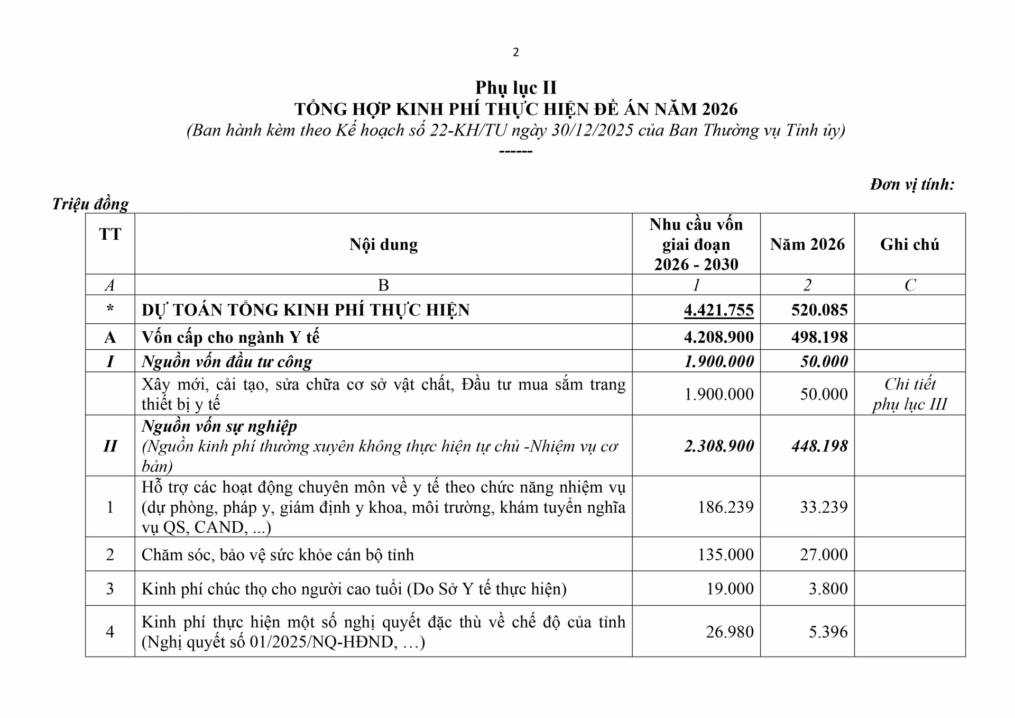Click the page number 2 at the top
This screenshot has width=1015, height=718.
click(x=515, y=52)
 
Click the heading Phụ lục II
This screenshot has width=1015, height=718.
click(x=515, y=87)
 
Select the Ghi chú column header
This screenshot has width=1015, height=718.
click(x=909, y=244)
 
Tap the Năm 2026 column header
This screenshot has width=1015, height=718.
click(x=807, y=244)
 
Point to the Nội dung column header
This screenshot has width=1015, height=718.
click(x=383, y=244)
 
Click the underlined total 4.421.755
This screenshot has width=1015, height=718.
click(x=718, y=310)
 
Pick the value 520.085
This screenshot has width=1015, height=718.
click(x=819, y=310)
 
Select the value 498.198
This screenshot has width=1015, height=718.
click(x=819, y=337)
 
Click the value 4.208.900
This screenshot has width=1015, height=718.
click(x=718, y=337)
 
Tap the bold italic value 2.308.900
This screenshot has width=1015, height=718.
click(x=718, y=446)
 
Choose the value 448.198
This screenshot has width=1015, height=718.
click(x=819, y=446)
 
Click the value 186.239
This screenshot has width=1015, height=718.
click(x=725, y=507)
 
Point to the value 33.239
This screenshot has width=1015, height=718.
click(x=824, y=507)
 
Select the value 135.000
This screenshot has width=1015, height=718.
click(x=725, y=555)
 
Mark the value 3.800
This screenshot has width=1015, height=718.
click(x=828, y=588)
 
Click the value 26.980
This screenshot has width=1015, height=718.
click(x=730, y=632)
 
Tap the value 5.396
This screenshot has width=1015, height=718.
click(x=828, y=632)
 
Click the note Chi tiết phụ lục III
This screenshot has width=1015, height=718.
click(x=909, y=394)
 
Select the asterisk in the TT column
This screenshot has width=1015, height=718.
click(x=110, y=309)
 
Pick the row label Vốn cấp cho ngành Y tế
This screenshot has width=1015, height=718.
click(x=230, y=337)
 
